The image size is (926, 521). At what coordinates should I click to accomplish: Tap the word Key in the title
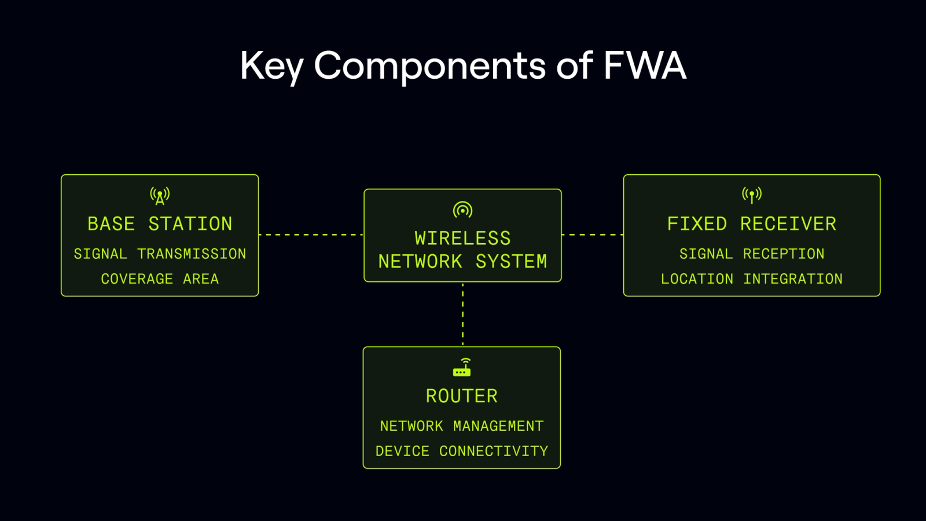tap(271, 65)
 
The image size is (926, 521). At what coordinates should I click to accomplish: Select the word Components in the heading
tap(429, 65)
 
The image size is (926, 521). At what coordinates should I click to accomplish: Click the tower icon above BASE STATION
tap(160, 196)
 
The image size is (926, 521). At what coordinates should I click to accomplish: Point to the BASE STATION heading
tap(160, 224)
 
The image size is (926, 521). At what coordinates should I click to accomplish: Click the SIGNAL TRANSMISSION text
tap(160, 254)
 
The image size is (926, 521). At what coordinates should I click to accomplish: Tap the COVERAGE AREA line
tap(160, 279)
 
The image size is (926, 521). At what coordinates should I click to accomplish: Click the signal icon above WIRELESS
tap(462, 210)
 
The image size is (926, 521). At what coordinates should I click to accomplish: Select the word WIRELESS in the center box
tap(462, 239)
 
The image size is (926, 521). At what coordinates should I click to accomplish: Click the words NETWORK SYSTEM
tap(462, 262)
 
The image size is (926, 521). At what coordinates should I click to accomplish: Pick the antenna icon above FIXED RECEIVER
tap(752, 195)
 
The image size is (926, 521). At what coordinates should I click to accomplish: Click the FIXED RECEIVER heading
tap(752, 224)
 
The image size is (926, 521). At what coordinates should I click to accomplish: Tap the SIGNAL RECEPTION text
tap(752, 254)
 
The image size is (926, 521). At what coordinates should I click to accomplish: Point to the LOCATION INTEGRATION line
tap(752, 279)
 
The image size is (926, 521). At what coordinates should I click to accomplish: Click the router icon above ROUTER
tap(462, 368)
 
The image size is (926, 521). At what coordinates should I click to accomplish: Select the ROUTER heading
tap(462, 396)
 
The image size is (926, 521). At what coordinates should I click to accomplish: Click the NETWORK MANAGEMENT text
tap(462, 426)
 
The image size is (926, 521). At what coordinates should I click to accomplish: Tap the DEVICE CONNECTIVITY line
tap(462, 451)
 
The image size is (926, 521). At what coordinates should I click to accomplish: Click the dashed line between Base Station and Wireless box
tap(311, 234)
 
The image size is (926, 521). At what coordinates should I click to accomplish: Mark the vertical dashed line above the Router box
tap(462, 314)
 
